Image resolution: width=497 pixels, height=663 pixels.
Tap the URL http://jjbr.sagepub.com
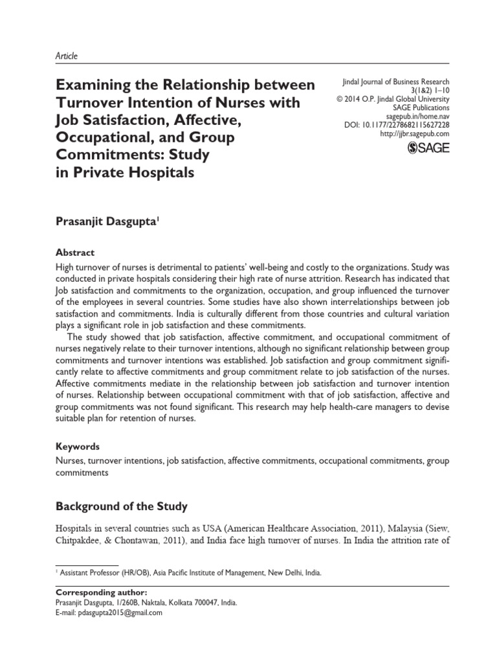[414, 133]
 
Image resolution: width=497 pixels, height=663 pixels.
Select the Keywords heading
[78, 446]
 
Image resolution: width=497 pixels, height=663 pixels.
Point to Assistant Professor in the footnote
[85, 573]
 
